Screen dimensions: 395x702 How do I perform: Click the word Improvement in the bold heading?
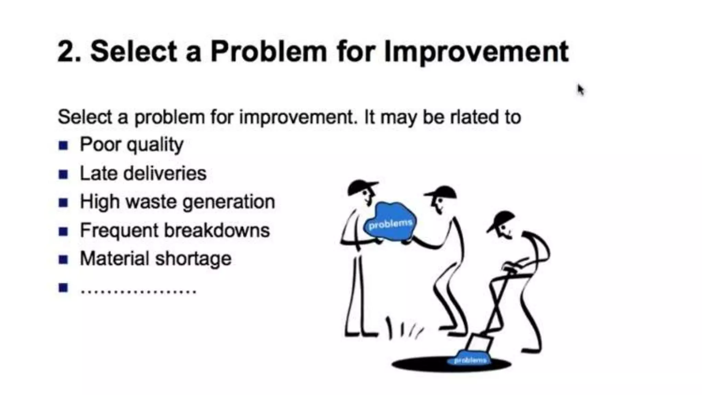476,52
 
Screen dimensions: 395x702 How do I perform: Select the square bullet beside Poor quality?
63,145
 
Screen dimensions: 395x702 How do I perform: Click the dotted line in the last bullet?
138,291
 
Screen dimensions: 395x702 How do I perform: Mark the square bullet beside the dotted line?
63,287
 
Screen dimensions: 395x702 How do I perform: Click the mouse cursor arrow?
580,90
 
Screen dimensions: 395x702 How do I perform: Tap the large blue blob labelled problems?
390,222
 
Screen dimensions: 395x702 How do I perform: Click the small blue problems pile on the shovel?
469,358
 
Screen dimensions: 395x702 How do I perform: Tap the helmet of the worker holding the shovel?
501,220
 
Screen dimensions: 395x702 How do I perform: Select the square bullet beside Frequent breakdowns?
63,231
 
